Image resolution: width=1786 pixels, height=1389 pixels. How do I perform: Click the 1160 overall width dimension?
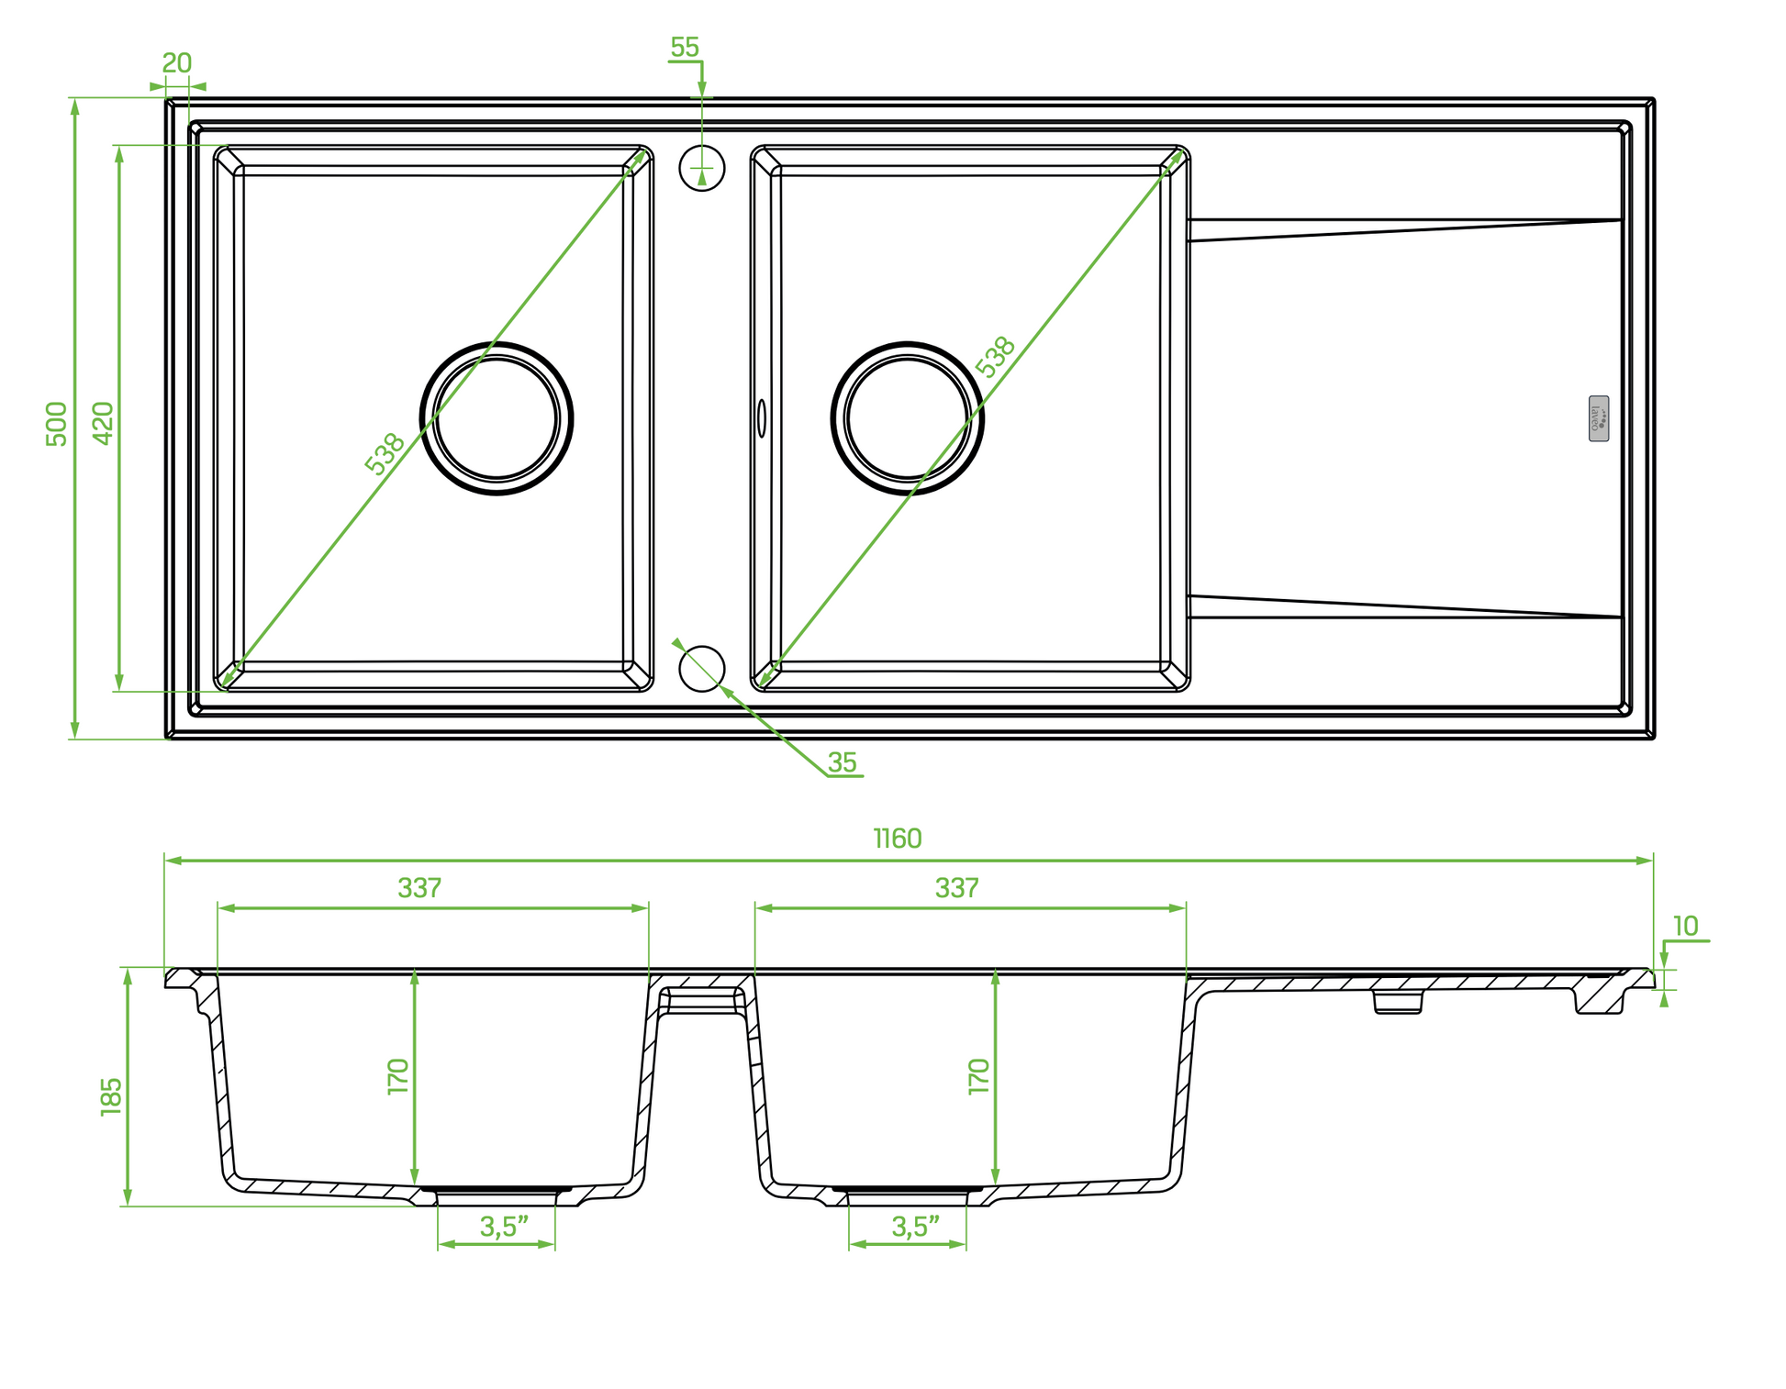tap(898, 839)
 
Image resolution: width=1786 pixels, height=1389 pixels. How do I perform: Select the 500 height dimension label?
tap(57, 424)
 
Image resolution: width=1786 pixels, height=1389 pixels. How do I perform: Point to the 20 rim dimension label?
tap(177, 63)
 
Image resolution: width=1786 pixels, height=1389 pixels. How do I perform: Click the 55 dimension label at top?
tap(685, 48)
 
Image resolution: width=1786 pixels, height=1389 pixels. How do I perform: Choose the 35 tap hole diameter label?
tap(842, 762)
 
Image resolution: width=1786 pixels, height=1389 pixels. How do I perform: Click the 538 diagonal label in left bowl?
tap(385, 454)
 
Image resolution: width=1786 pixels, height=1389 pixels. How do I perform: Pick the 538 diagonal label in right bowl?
tap(996, 358)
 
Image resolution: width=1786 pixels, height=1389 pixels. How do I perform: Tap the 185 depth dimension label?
tap(111, 1096)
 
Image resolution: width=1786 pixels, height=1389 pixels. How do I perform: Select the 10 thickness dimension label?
tap(1685, 927)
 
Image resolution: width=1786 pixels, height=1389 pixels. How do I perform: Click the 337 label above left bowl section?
tap(419, 888)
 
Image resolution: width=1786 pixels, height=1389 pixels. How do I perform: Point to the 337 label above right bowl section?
tap(957, 888)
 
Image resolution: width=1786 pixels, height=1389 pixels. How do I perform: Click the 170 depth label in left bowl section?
tap(397, 1076)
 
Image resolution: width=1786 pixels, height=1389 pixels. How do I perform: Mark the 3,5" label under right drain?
tap(916, 1228)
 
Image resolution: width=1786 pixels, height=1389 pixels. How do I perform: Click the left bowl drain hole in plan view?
tap(497, 418)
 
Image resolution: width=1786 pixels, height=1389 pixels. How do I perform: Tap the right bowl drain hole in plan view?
tap(908, 418)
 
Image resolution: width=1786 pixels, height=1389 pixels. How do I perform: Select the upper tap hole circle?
tap(702, 168)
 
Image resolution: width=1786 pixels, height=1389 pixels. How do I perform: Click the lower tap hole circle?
tap(702, 669)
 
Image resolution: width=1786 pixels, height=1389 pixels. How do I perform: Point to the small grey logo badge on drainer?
tap(1599, 418)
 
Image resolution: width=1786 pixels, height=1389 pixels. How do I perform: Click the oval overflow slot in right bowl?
tap(761, 418)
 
